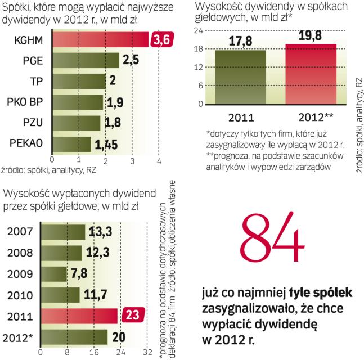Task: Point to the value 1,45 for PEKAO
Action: pos(106,145)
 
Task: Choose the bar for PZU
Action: pos(76,123)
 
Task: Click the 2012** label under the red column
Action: pos(311,118)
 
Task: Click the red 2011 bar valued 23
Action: pos(79,316)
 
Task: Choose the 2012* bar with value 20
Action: pos(74,337)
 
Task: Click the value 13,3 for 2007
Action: pos(100,232)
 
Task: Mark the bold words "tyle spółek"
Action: pos(321,293)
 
